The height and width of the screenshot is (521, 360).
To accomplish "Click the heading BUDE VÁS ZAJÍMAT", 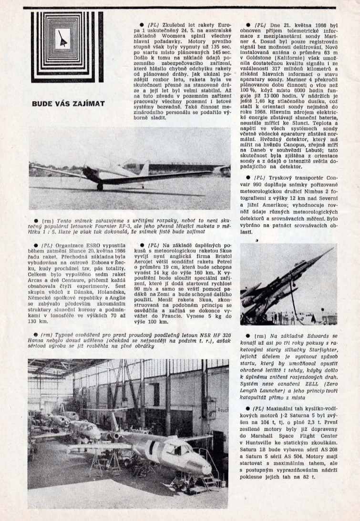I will pyautogui.click(x=68, y=103).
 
